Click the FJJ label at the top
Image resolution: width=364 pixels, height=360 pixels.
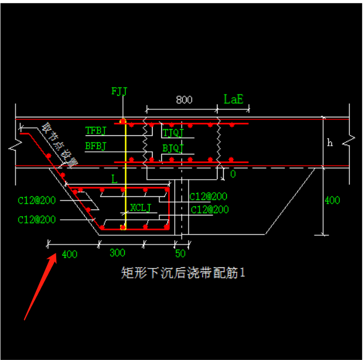[x=119, y=92]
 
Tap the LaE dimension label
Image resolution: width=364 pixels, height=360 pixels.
[x=234, y=99]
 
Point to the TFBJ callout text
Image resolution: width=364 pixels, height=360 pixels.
[x=96, y=130]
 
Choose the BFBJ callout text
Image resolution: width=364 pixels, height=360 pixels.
[x=96, y=146]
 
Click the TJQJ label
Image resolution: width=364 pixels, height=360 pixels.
[x=174, y=133]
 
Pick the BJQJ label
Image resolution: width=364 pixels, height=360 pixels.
[x=173, y=148]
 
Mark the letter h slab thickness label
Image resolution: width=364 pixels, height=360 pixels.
[x=330, y=143]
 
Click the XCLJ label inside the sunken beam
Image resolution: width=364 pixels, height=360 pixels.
[x=140, y=207]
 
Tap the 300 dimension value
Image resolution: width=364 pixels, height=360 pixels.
[x=117, y=253]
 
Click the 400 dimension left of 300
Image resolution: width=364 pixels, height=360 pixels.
[x=70, y=254]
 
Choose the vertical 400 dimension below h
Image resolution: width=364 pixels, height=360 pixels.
[x=332, y=200]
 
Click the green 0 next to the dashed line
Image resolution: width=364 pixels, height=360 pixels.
[x=232, y=174]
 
